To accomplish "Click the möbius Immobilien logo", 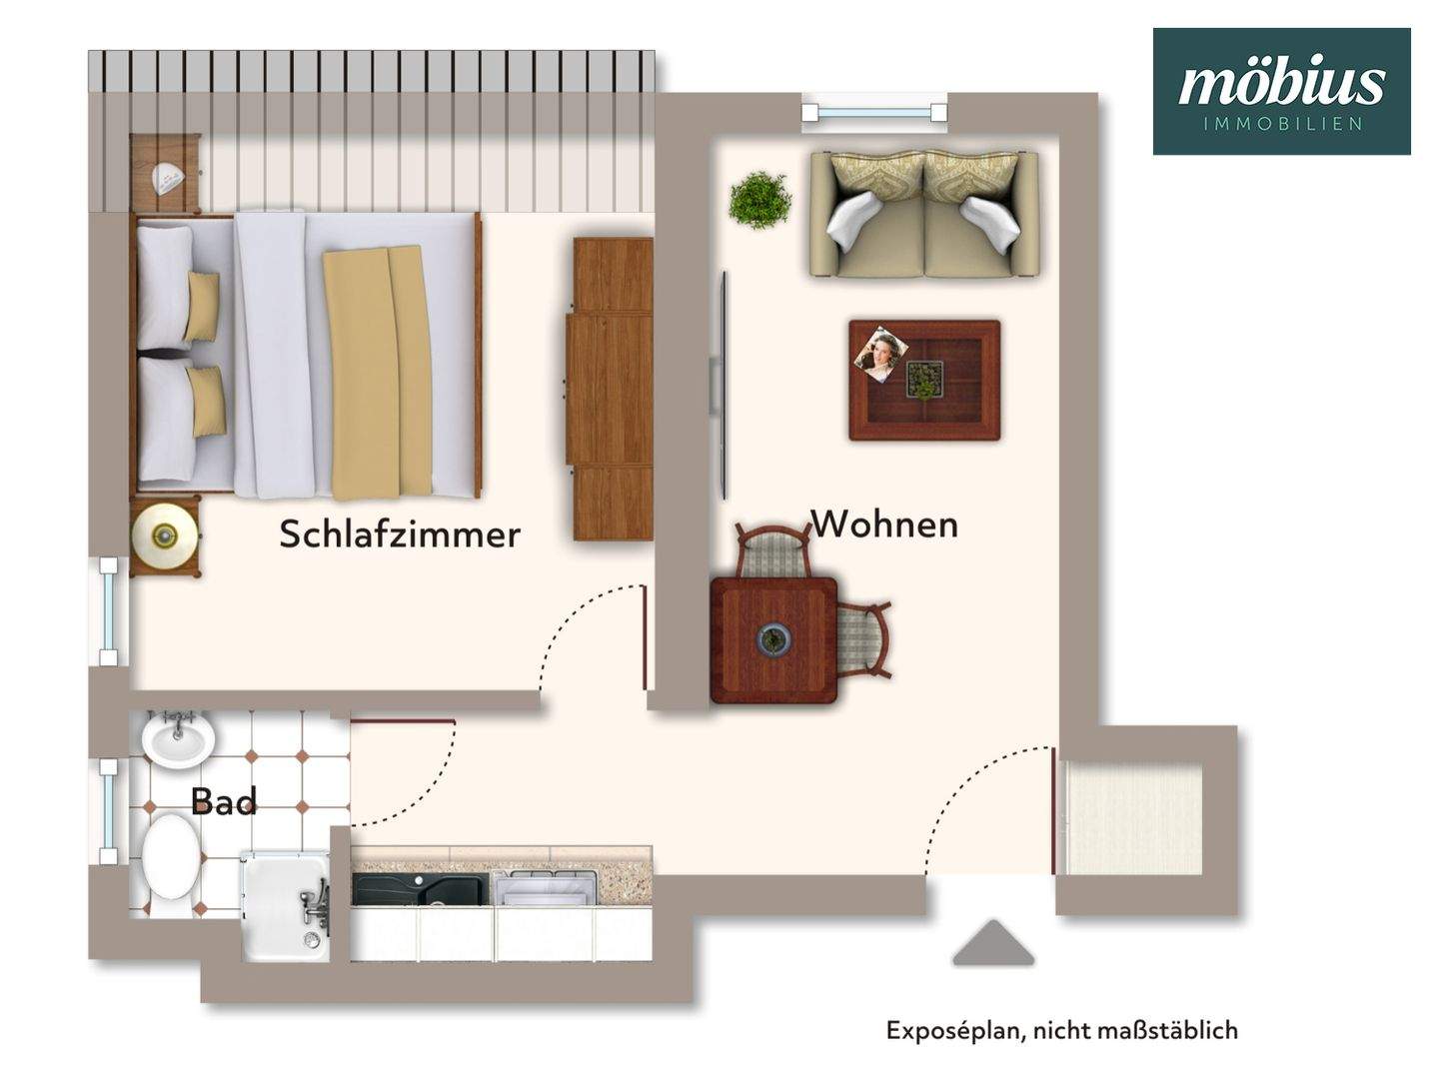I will pos(1281,91).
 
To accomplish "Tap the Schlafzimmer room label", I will pos(399,535).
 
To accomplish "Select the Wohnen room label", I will pos(883,525).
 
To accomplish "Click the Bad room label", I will pos(223,801).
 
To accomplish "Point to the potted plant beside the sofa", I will pos(759,200).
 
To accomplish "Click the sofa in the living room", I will pos(924,214).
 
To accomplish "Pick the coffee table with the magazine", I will pos(924,380).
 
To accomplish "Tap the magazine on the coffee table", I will pos(880,352).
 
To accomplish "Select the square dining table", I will pos(773,639).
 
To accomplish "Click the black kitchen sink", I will pos(420,889).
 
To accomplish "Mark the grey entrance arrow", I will pos(992,944).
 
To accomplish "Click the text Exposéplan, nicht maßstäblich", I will pos(1061,1030).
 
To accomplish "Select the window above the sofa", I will pos(874,113).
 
